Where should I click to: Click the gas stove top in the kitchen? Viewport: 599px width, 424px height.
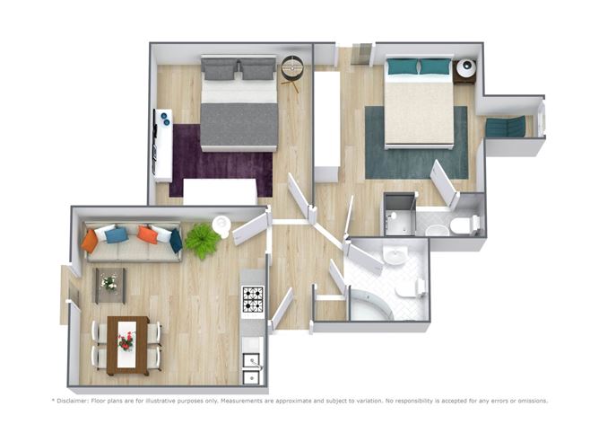tap(253, 298)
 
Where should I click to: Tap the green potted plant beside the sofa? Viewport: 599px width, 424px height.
tap(202, 241)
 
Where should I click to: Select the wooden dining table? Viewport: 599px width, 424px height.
tap(127, 346)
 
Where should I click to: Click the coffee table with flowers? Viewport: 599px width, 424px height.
tap(110, 285)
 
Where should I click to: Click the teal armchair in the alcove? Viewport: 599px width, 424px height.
tap(506, 127)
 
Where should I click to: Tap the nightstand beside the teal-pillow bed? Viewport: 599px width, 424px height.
tap(464, 72)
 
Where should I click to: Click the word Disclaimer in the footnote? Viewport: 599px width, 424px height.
tap(73, 401)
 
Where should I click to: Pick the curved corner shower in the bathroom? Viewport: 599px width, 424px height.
tap(371, 305)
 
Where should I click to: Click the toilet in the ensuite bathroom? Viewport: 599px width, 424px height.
tap(464, 225)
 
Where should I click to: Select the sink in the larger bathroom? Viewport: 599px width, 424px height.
tap(395, 255)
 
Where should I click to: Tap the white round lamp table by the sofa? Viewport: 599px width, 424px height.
tap(221, 225)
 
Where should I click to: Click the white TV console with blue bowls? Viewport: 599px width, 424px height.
tap(162, 146)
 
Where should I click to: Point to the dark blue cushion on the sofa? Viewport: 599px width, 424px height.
tap(176, 241)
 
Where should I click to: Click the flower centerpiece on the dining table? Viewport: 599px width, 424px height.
tap(126, 341)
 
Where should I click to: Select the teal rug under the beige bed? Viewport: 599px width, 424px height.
tap(416, 143)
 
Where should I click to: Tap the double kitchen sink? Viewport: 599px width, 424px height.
tap(252, 368)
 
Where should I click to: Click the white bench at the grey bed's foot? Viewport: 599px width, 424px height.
tap(220, 191)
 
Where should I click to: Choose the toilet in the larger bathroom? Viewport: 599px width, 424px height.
tap(411, 287)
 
